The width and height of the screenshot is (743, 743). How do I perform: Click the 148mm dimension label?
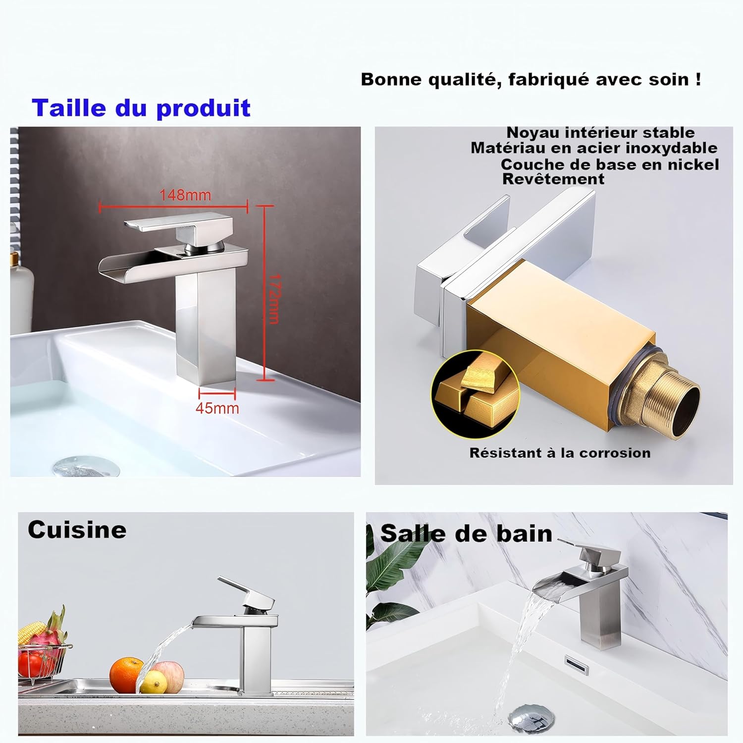click(x=185, y=195)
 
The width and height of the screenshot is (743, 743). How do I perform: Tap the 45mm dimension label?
click(x=217, y=408)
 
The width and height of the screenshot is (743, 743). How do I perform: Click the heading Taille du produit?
click(x=141, y=108)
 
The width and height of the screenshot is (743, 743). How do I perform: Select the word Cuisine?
click(x=77, y=530)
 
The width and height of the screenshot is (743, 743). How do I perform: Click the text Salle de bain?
click(x=466, y=534)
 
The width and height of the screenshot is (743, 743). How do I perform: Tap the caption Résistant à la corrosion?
click(x=560, y=453)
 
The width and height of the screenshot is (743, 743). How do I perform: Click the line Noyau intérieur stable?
click(x=600, y=133)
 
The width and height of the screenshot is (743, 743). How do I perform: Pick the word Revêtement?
click(x=553, y=179)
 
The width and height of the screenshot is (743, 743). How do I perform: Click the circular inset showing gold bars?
click(x=475, y=394)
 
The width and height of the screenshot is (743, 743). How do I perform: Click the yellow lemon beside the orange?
click(x=154, y=682)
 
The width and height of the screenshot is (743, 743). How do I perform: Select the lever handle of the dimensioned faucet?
click(x=178, y=225)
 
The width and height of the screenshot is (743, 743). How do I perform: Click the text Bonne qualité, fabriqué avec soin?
click(x=531, y=79)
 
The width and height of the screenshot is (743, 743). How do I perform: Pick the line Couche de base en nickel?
click(x=610, y=164)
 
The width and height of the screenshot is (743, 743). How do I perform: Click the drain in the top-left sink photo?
click(x=86, y=467)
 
